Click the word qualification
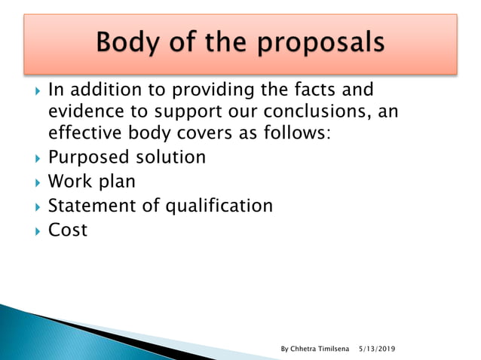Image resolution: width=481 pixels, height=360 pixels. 219,206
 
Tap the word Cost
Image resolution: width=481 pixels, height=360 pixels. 67,229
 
